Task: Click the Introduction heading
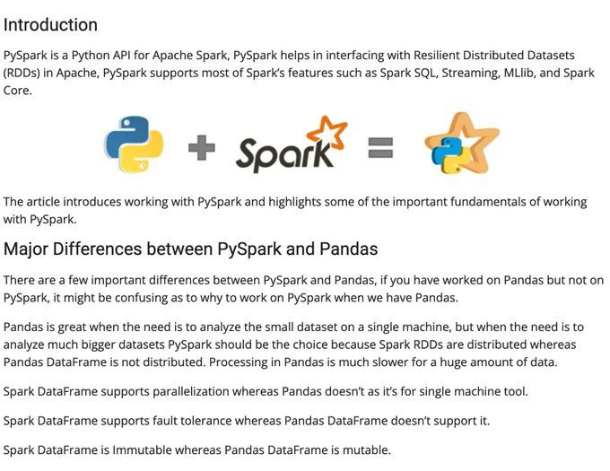[50, 25]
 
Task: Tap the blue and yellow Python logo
[134, 144]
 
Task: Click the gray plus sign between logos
[202, 147]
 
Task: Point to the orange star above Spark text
[332, 132]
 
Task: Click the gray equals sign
[380, 148]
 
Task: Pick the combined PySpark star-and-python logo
[460, 144]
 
